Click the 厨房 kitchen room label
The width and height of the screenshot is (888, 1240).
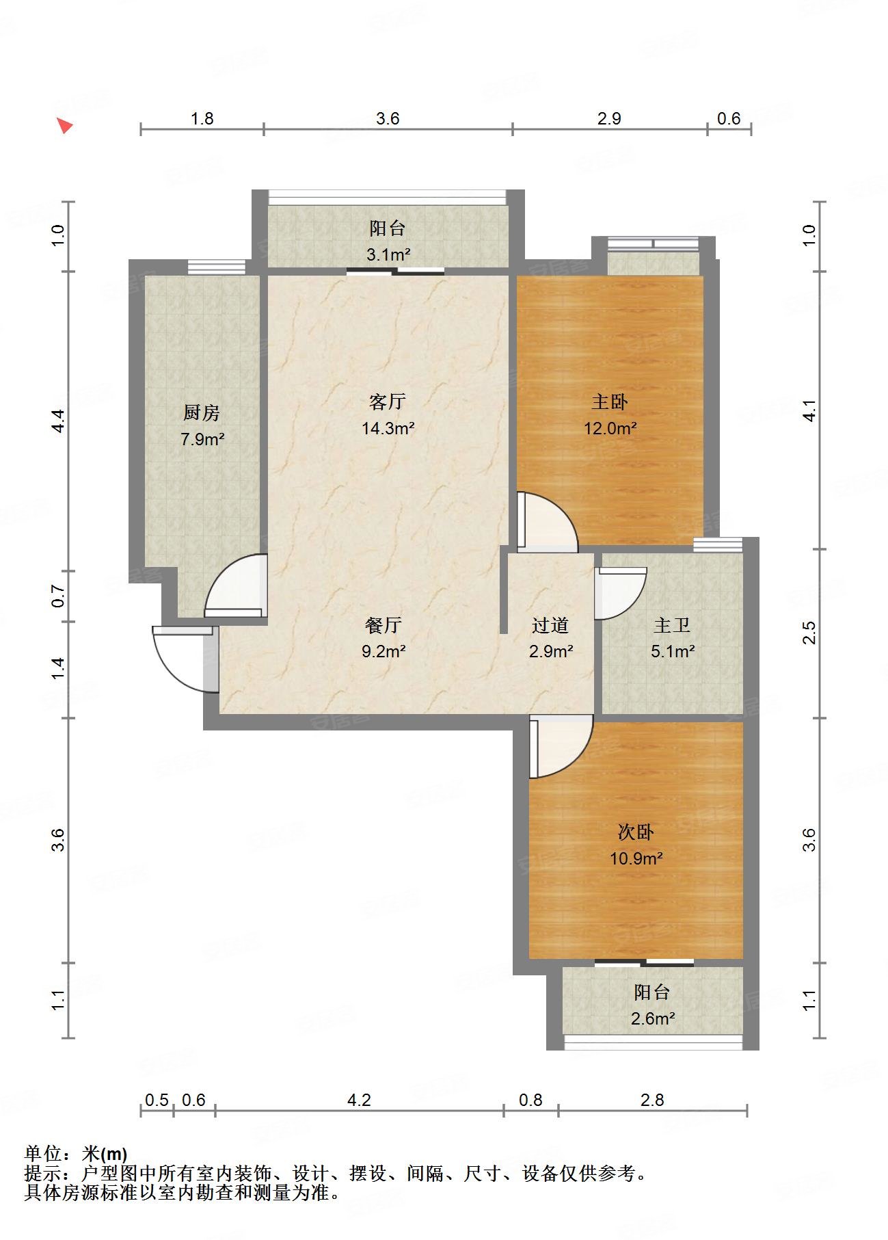202,413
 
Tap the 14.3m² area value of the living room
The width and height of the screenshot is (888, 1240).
388,429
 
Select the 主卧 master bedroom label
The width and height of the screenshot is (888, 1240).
610,401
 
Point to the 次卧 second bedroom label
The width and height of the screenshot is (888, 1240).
636,832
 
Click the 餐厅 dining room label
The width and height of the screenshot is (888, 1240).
384,625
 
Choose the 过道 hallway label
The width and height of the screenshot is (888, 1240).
550,625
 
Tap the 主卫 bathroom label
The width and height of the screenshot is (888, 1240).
672,625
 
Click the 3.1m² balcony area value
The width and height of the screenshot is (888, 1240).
388,255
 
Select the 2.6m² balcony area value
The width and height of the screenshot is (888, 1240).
653,1019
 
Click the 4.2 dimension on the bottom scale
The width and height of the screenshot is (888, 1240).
359,1100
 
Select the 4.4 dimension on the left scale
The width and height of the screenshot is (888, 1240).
59,420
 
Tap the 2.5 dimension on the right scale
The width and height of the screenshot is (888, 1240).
809,633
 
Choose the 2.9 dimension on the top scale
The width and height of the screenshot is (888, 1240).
609,119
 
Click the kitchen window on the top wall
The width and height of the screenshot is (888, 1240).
217,267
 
